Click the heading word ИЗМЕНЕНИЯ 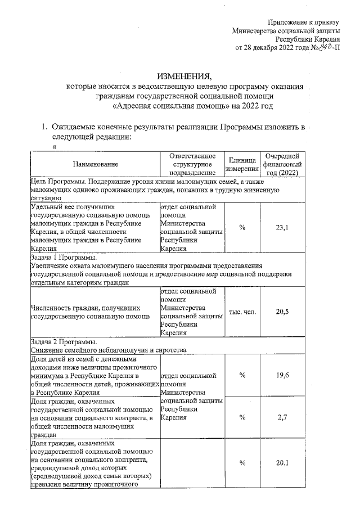tap(184, 76)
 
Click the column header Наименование tap(95, 164)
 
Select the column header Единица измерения tap(242, 164)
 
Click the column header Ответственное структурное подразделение tap(192, 164)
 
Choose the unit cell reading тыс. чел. tap(242, 312)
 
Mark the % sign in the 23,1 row tap(242, 227)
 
